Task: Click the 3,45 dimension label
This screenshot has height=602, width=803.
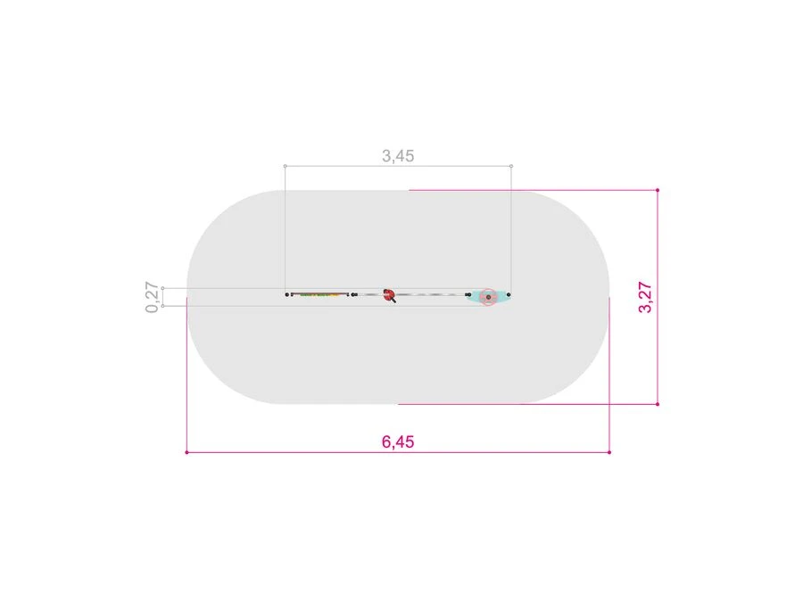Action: pyautogui.click(x=398, y=155)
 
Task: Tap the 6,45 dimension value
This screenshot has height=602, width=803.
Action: pyautogui.click(x=398, y=441)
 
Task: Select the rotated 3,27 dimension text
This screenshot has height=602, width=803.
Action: pyautogui.click(x=645, y=297)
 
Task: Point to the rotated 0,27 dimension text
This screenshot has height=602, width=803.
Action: pyautogui.click(x=152, y=297)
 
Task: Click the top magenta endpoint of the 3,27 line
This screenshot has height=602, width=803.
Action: pyautogui.click(x=658, y=190)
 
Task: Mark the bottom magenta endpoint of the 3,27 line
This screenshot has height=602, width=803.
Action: pyautogui.click(x=658, y=404)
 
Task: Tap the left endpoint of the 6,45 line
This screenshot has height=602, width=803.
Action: pyautogui.click(x=187, y=452)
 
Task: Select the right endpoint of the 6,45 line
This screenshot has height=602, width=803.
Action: pyautogui.click(x=609, y=452)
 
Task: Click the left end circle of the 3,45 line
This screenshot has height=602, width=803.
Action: pyautogui.click(x=286, y=166)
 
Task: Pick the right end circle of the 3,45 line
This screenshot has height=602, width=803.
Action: pyautogui.click(x=511, y=166)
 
